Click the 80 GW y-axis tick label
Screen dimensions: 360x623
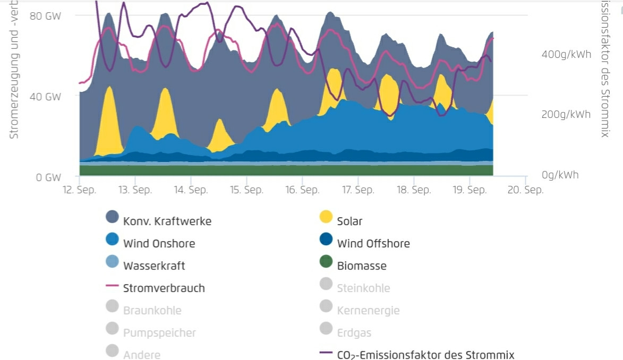coord(45,15)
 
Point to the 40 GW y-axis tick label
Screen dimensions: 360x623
coord(45,97)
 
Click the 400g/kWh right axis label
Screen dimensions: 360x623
coord(566,55)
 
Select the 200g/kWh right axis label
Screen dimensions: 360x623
coord(566,115)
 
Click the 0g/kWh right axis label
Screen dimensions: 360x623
coord(560,175)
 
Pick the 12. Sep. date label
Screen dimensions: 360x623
coord(79,190)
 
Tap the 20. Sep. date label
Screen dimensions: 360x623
coord(525,190)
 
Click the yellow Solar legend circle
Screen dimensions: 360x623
coord(326,217)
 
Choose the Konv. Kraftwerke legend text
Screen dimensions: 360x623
coord(167,221)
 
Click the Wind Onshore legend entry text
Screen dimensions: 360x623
coord(159,244)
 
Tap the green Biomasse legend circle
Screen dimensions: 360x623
coord(326,262)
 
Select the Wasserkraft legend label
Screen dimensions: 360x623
coord(154,266)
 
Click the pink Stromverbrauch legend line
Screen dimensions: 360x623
coord(112,285)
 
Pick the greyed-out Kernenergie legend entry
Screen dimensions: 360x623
coord(368,311)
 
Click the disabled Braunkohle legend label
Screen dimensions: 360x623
coord(152,311)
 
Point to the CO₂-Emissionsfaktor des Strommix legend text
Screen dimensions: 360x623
coord(425,355)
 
